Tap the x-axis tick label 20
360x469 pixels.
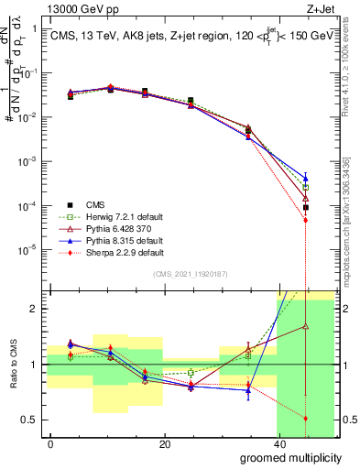tap(164, 443)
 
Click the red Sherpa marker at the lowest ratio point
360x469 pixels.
tap(305, 418)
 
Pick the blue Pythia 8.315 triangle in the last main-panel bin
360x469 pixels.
tap(305, 178)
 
